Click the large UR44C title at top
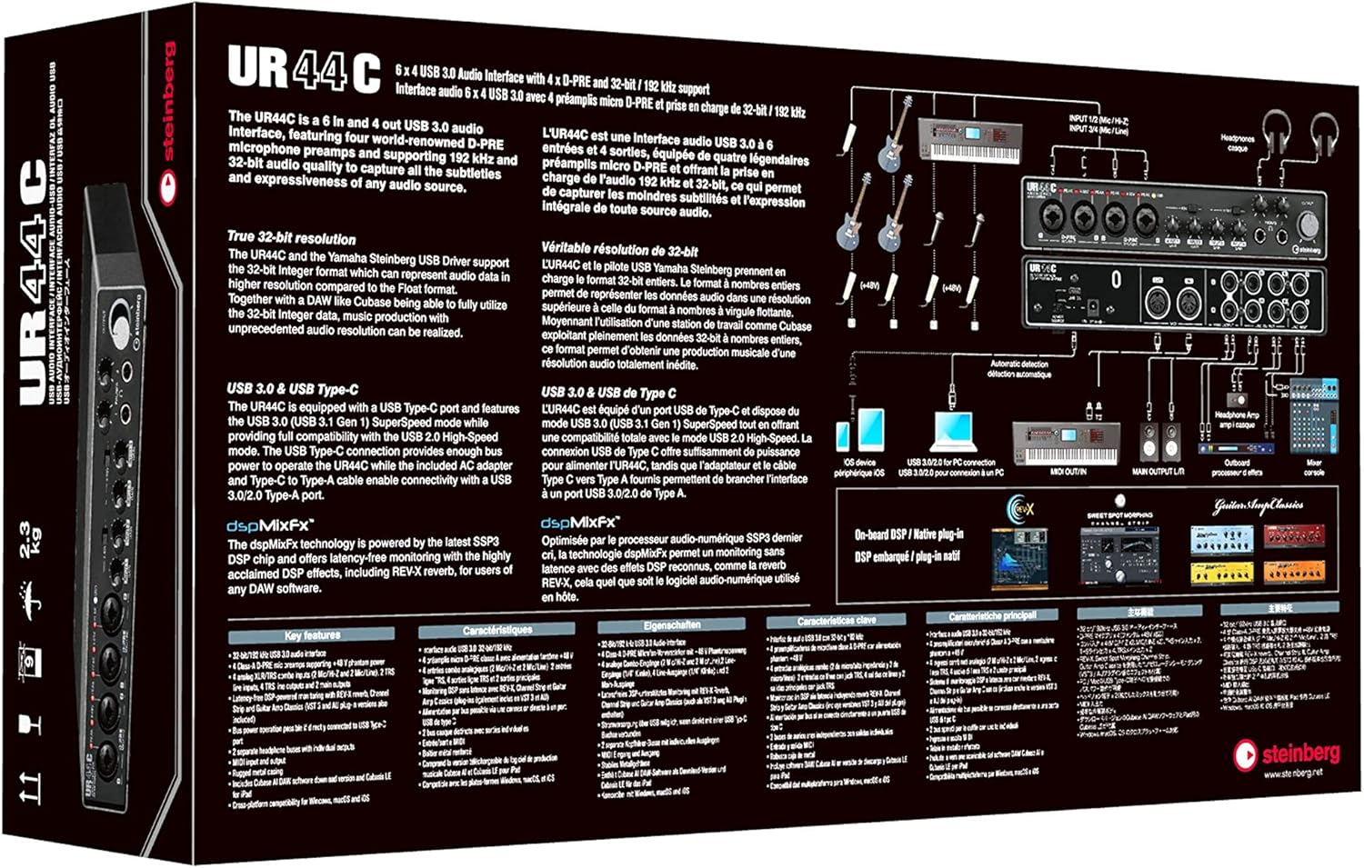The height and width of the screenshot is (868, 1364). click(x=304, y=69)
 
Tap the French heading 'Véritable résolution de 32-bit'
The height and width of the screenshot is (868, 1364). click(x=619, y=249)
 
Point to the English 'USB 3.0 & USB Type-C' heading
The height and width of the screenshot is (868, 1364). click(x=292, y=388)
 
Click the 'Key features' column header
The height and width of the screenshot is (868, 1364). click(x=312, y=634)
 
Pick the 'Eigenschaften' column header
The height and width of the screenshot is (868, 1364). click(x=672, y=625)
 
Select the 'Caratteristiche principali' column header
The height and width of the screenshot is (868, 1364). click(x=992, y=616)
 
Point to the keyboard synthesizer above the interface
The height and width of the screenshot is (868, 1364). click(x=965, y=139)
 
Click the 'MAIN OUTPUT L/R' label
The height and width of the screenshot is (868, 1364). click(x=1158, y=472)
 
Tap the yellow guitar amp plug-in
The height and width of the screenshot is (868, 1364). click(x=1221, y=572)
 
